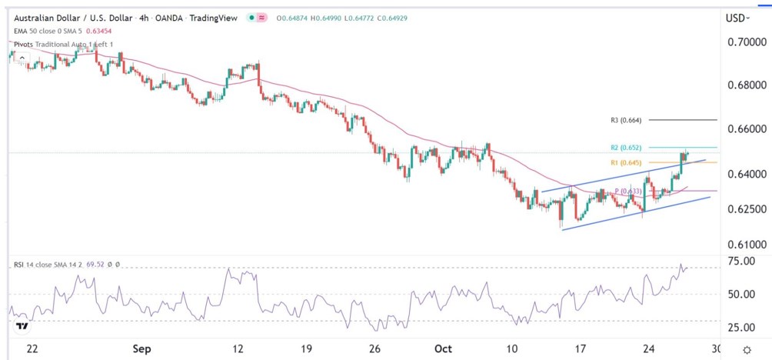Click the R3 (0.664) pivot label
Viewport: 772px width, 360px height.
point(626,120)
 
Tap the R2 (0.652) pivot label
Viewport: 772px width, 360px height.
point(626,147)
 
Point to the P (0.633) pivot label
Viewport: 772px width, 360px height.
point(627,192)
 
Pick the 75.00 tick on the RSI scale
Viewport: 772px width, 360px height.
point(743,262)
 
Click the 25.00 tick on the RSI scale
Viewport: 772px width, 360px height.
point(743,327)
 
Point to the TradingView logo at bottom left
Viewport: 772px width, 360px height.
point(23,326)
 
